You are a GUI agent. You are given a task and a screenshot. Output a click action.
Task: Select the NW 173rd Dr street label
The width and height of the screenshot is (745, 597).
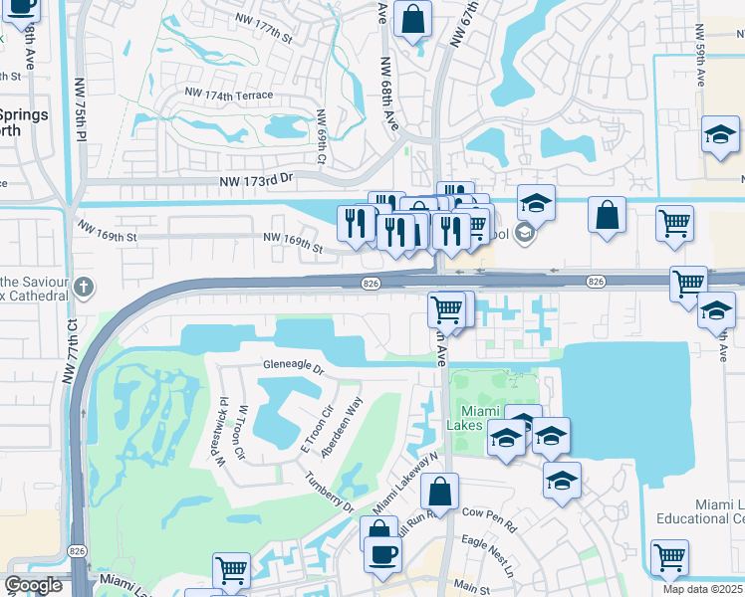click(257, 181)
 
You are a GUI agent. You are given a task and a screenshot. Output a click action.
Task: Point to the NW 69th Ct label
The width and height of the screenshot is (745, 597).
click(322, 138)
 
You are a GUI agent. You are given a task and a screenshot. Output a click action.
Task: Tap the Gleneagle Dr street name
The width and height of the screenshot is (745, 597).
click(294, 368)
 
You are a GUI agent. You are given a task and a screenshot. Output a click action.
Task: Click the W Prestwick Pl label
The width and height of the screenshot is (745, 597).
click(215, 436)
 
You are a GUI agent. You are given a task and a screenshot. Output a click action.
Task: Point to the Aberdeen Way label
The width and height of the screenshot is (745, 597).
click(341, 428)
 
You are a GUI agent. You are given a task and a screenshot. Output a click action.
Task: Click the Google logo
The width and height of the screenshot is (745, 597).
click(33, 585)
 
